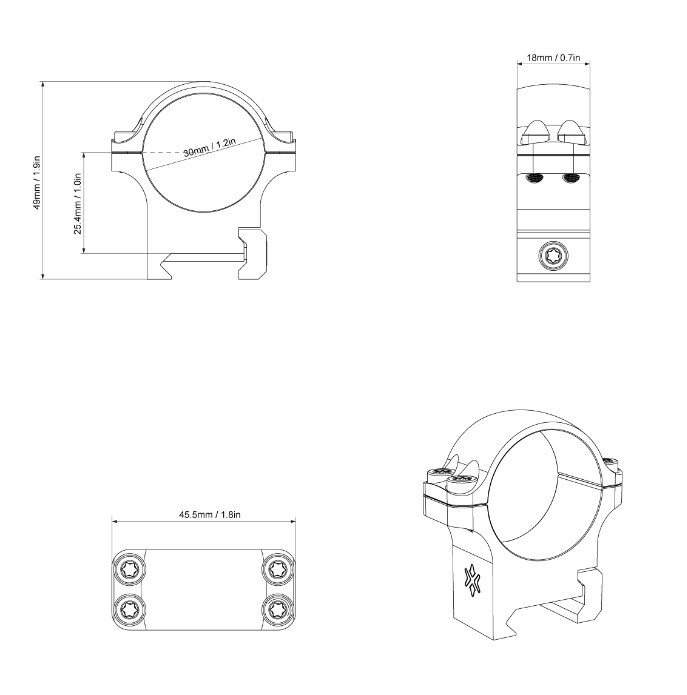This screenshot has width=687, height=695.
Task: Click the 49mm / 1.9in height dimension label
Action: (37, 182)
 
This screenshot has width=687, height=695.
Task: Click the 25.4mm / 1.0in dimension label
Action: (78, 203)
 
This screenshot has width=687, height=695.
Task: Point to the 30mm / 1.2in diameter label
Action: (209, 147)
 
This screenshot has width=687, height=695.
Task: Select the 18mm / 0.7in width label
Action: (553, 58)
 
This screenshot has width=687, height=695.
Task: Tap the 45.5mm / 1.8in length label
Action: (210, 515)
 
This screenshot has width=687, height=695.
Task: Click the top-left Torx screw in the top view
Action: (129, 569)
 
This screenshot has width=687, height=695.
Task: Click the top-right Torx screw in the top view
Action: (278, 569)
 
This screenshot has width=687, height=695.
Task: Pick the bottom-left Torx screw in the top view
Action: (129, 609)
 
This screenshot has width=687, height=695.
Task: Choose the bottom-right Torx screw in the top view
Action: (278, 609)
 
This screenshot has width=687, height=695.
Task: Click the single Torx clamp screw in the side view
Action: (554, 256)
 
